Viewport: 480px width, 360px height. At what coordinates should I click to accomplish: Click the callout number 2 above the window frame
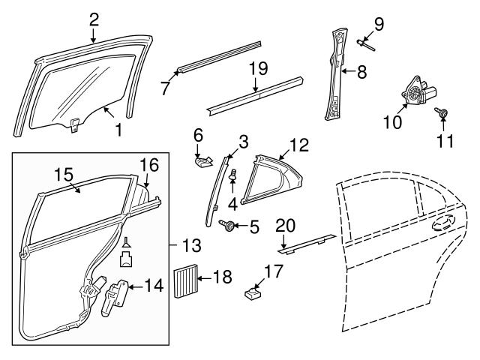94,17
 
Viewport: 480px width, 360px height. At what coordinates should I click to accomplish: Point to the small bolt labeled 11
444,114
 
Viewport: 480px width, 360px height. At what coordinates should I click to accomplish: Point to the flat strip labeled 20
304,241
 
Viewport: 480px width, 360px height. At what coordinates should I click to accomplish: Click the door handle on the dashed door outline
441,222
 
